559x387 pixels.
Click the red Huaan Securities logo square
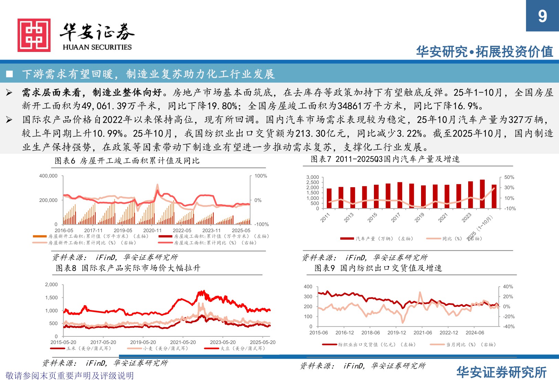[x=34, y=35]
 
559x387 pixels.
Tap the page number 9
[x=542, y=16]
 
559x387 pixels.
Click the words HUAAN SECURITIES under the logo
[x=97, y=47]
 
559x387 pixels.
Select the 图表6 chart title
[x=127, y=161]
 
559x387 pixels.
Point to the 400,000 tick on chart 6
[x=48, y=176]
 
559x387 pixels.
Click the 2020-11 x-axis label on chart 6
[x=152, y=230]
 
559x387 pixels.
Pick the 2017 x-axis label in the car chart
[x=396, y=217]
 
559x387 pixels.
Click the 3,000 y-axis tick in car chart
[x=312, y=177]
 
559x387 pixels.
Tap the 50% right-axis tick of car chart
[x=509, y=177]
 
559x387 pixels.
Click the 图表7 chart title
[x=385, y=159]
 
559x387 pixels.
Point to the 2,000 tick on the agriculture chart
[x=51, y=284]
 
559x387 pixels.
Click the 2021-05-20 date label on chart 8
[x=183, y=342]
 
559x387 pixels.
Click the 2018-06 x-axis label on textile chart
[x=370, y=333]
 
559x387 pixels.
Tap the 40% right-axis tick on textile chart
[x=508, y=287]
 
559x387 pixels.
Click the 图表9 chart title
[x=378, y=268]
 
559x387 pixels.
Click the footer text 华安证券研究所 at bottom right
[x=501, y=372]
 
